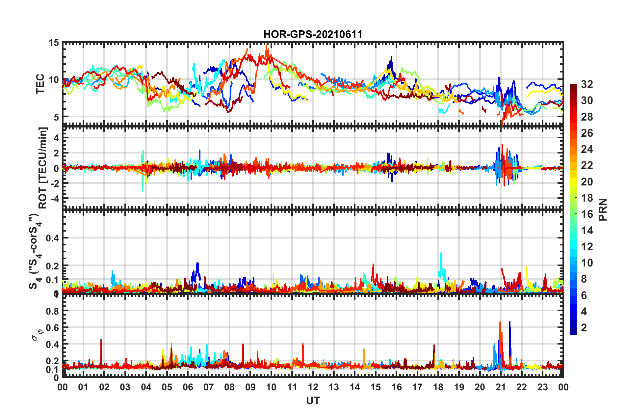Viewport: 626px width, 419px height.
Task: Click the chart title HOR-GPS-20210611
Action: pos(313,34)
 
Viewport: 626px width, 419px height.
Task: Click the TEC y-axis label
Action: pos(40,84)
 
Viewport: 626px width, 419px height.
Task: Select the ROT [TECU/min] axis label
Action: pos(43,168)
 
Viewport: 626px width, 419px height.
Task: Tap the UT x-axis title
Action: pos(313,401)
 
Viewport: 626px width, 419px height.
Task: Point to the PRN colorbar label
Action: pos(603,209)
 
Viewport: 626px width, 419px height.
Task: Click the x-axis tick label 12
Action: pos(313,387)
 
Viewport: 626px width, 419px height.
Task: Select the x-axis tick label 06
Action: pos(188,387)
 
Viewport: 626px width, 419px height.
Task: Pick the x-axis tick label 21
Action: pos(501,387)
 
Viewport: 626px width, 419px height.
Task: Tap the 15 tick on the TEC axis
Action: pos(54,42)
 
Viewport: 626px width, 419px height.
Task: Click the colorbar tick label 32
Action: pos(587,84)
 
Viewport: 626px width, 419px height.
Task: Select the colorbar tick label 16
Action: pos(587,214)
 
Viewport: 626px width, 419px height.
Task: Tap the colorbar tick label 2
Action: pos(584,327)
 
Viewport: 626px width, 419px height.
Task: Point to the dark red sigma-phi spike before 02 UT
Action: pos(101,340)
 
